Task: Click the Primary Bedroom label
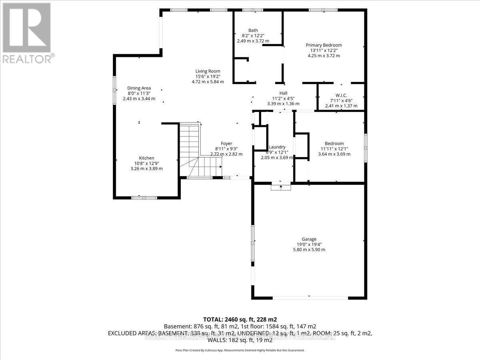324,45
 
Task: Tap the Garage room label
310,239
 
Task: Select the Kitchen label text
146,158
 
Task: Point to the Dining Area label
139,88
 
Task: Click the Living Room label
208,71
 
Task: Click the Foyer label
226,144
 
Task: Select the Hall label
283,93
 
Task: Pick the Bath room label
253,30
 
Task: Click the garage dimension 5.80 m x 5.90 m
310,250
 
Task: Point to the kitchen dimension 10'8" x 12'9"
146,163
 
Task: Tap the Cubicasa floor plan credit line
240,350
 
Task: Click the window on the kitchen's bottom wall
144,197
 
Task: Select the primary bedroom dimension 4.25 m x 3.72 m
324,56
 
